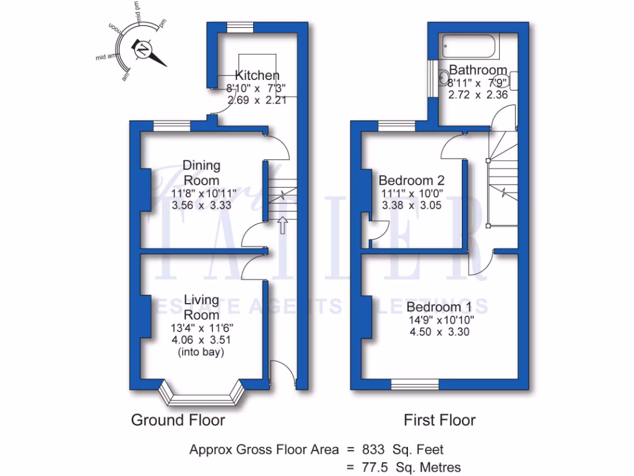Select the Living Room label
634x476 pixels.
click(201, 307)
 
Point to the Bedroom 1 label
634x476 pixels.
click(443, 307)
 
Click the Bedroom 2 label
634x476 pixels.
click(412, 180)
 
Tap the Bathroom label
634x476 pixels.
click(478, 69)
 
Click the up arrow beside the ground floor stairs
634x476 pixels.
click(283, 225)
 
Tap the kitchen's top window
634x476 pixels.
click(236, 26)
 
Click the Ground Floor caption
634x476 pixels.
click(178, 420)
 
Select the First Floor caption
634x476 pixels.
click(440, 420)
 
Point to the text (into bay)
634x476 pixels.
click(201, 353)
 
